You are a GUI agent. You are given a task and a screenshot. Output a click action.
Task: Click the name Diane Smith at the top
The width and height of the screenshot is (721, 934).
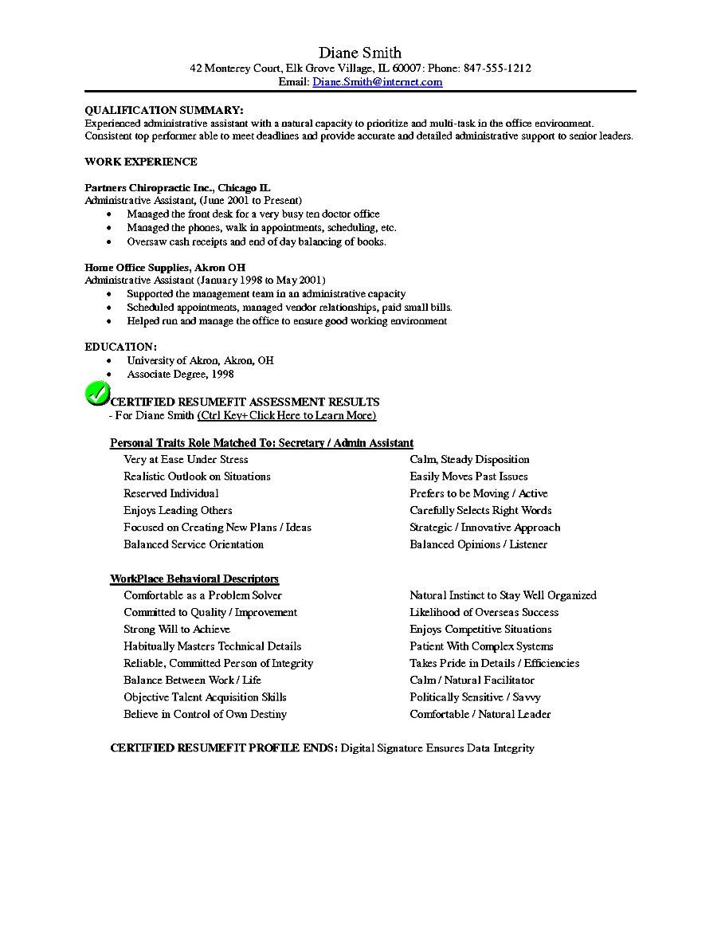(360, 53)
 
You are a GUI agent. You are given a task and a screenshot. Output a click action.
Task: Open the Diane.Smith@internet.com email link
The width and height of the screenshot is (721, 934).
(378, 81)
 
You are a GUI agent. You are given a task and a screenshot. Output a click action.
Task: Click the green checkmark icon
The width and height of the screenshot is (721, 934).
(96, 394)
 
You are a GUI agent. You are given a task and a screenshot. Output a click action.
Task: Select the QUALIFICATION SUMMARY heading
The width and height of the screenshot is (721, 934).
(164, 110)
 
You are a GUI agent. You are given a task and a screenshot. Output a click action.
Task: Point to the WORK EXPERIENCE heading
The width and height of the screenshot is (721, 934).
(141, 162)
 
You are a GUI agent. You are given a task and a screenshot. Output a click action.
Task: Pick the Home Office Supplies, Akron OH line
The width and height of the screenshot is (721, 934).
(165, 268)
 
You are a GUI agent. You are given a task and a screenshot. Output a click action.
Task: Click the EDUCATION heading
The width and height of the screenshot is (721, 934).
(120, 347)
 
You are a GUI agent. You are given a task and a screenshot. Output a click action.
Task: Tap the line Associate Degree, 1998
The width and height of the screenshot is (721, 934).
(180, 374)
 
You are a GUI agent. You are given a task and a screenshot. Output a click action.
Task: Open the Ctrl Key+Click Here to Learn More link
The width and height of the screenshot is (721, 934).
(287, 415)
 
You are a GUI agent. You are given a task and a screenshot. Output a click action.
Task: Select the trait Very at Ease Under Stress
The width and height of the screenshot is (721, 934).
(186, 459)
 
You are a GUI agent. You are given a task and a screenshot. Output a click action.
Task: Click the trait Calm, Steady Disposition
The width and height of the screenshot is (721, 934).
(469, 459)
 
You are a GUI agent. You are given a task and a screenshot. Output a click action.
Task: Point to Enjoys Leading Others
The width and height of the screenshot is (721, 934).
(178, 510)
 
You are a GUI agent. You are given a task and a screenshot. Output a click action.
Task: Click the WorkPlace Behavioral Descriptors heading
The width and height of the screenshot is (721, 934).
(194, 579)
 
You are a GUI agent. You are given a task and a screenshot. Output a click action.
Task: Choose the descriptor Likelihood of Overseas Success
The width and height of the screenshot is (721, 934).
(484, 612)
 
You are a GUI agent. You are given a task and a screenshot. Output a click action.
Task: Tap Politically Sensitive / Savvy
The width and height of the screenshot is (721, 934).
(475, 697)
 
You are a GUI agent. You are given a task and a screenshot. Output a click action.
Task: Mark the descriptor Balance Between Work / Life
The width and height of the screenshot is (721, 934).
(192, 680)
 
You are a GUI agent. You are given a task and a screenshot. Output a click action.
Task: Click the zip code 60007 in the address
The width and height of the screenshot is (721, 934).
(405, 69)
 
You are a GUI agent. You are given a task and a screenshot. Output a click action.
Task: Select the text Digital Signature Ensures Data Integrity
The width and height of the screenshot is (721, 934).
(437, 748)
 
